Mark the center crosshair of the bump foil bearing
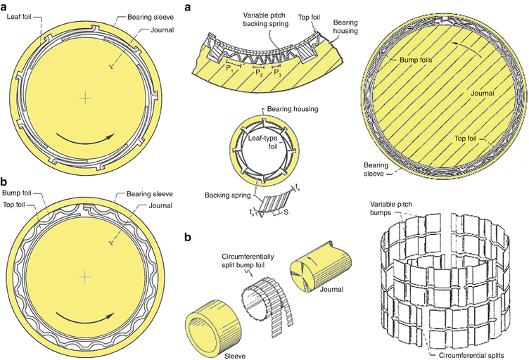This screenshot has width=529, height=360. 85,278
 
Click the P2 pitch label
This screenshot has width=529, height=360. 258,72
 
